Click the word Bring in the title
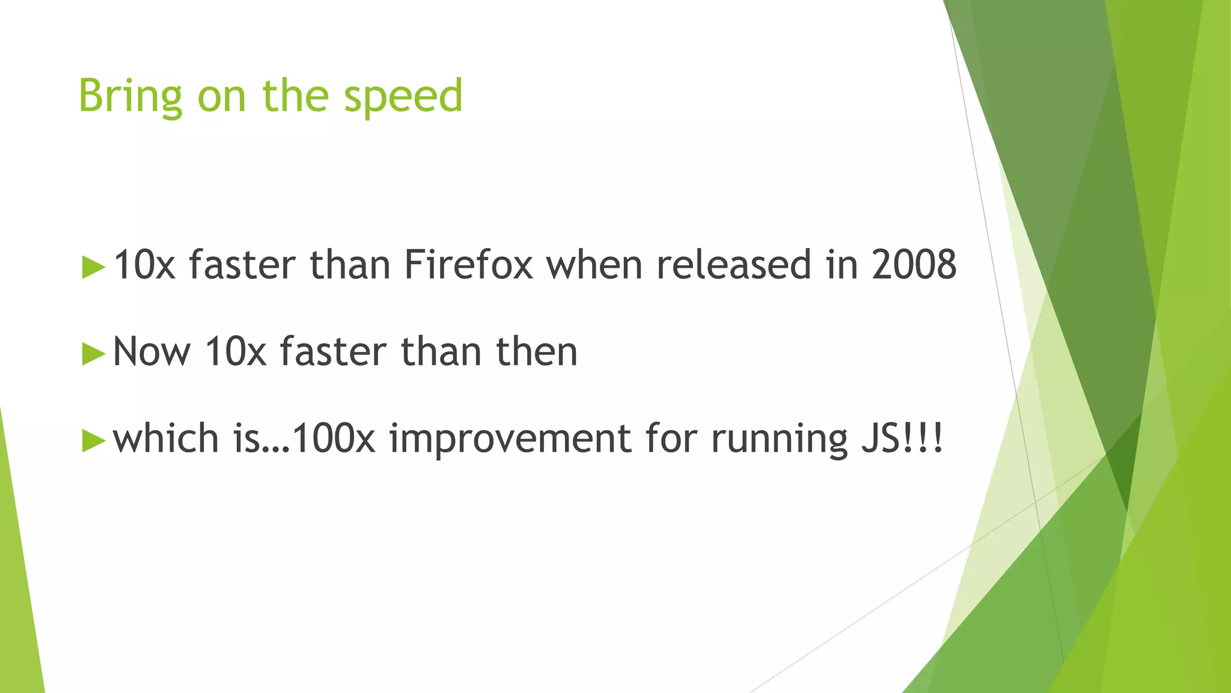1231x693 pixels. (x=130, y=96)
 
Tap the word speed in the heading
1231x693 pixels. (x=403, y=96)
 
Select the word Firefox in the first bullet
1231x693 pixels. (x=468, y=265)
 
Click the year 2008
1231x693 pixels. (x=914, y=265)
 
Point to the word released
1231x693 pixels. (x=733, y=265)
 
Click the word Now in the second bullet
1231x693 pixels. (x=151, y=351)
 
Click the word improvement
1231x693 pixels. (x=510, y=438)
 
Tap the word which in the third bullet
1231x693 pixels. (x=166, y=438)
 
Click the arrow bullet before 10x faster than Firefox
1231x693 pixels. (x=93, y=266)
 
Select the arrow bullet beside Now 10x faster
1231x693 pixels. (x=93, y=353)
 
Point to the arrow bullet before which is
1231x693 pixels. (x=93, y=440)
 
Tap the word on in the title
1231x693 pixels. (x=222, y=96)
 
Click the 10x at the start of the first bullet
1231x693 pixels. (x=144, y=265)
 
